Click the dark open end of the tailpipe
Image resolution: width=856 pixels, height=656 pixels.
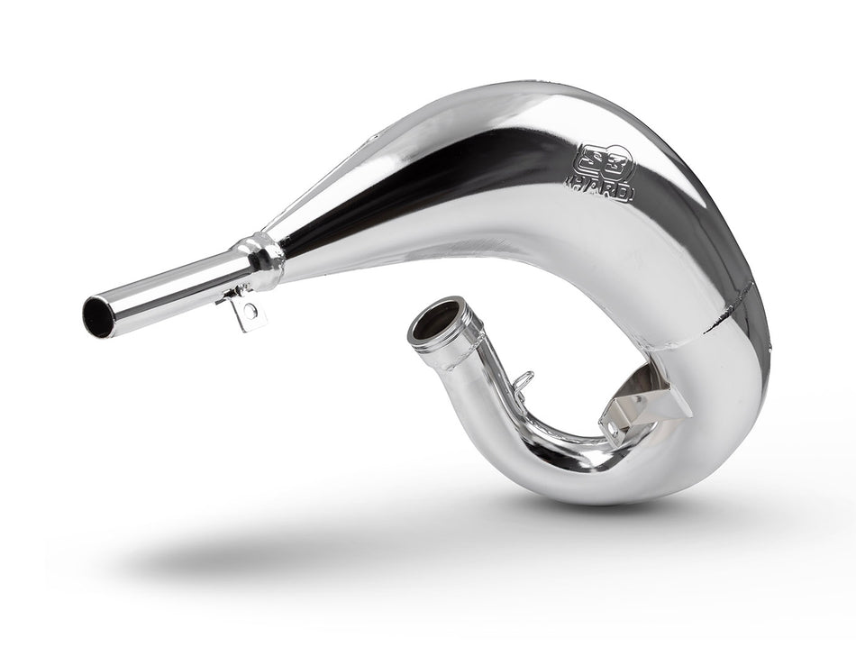coord(97,317)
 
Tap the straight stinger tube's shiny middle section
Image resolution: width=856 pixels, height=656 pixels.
coord(171,287)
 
